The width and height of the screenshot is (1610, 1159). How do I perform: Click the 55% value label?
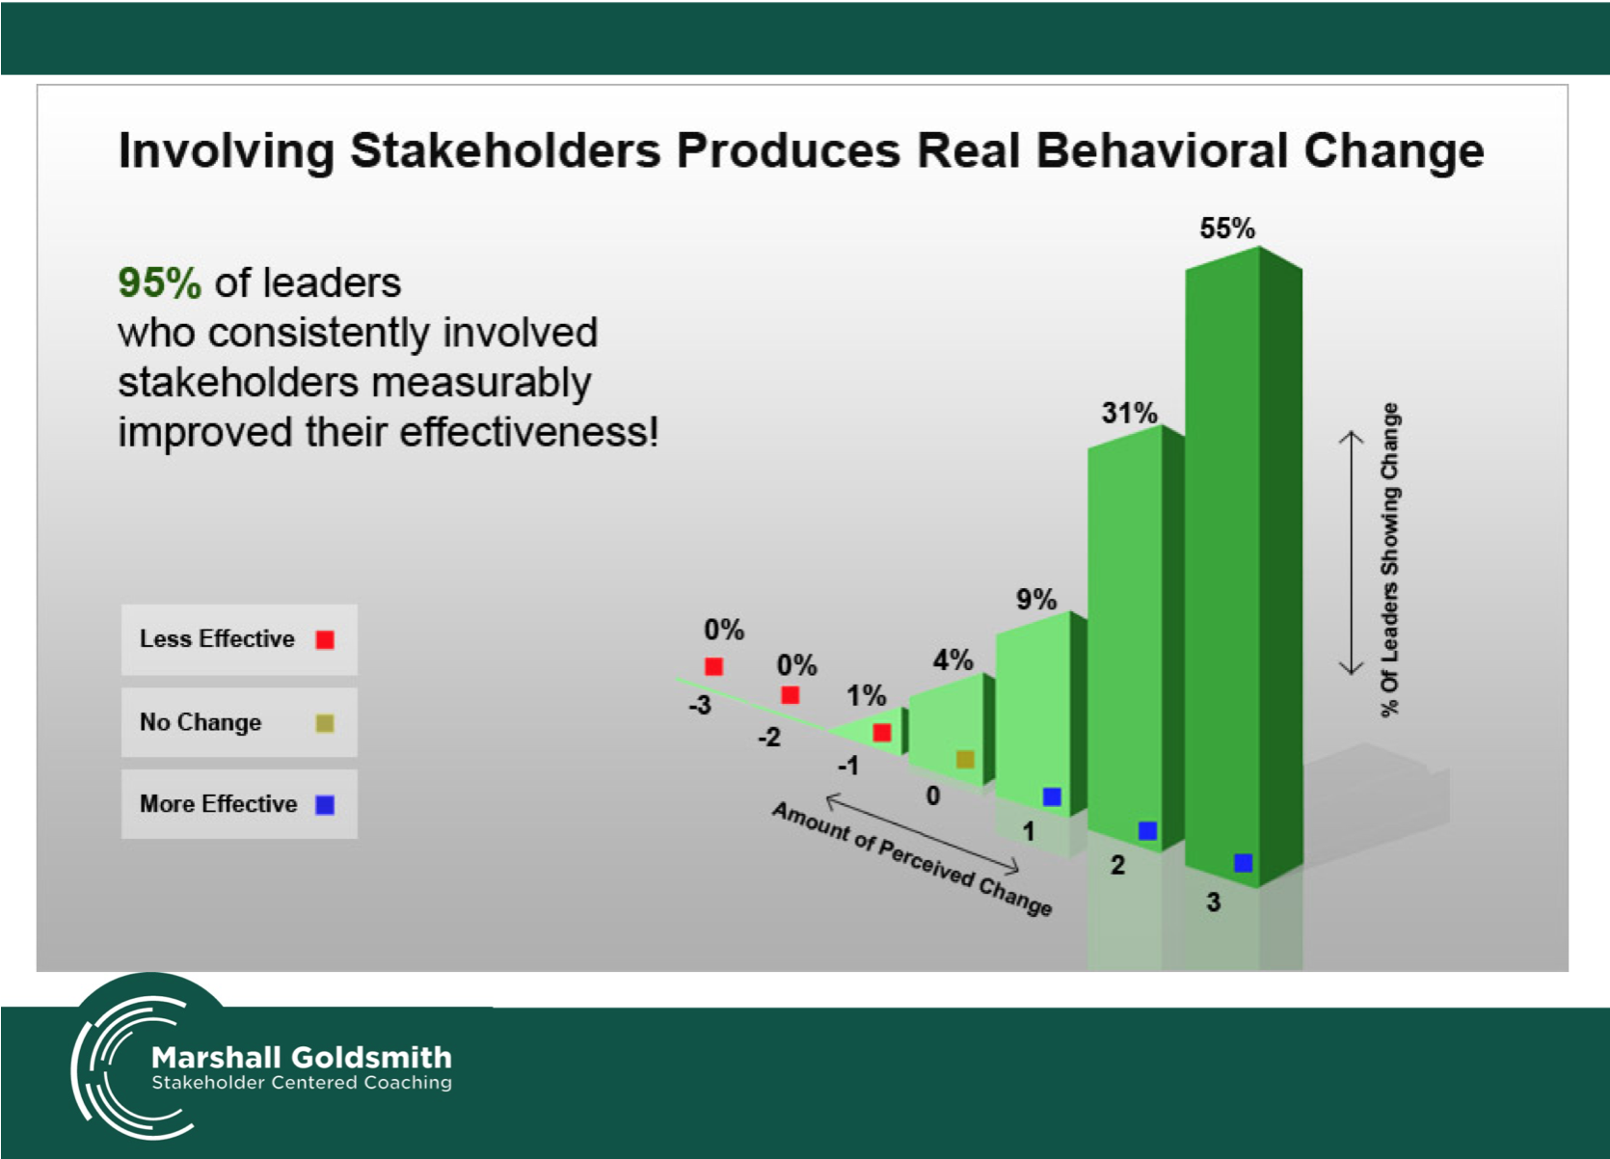click(1227, 229)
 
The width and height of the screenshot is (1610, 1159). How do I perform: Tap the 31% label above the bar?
click(1129, 414)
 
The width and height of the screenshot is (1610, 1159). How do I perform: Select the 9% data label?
click(1035, 599)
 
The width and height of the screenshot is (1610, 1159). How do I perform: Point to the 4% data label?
click(953, 660)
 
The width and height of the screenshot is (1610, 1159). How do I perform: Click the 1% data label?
click(866, 695)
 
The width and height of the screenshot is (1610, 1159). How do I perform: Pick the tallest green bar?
click(1244, 568)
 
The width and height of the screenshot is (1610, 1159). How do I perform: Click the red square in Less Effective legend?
click(325, 640)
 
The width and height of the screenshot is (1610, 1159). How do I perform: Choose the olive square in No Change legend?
click(325, 723)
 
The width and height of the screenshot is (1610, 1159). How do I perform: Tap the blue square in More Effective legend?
click(325, 805)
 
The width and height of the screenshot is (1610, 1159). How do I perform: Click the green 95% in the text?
click(160, 283)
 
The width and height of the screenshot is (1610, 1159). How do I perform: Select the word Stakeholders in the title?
click(505, 151)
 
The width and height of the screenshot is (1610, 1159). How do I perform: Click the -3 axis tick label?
click(699, 705)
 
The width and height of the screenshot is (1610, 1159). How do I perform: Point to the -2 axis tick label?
click(768, 737)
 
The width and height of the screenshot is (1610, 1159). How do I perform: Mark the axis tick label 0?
click(933, 795)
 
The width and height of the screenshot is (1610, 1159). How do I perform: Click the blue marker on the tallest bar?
click(1244, 863)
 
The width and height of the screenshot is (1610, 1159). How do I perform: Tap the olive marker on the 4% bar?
click(965, 759)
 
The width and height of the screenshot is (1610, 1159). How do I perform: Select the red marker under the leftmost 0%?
click(713, 666)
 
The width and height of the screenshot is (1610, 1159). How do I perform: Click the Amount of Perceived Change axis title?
click(912, 858)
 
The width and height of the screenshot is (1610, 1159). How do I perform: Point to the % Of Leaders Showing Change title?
click(1390, 560)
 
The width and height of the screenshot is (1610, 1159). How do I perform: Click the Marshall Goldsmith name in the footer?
click(302, 1058)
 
